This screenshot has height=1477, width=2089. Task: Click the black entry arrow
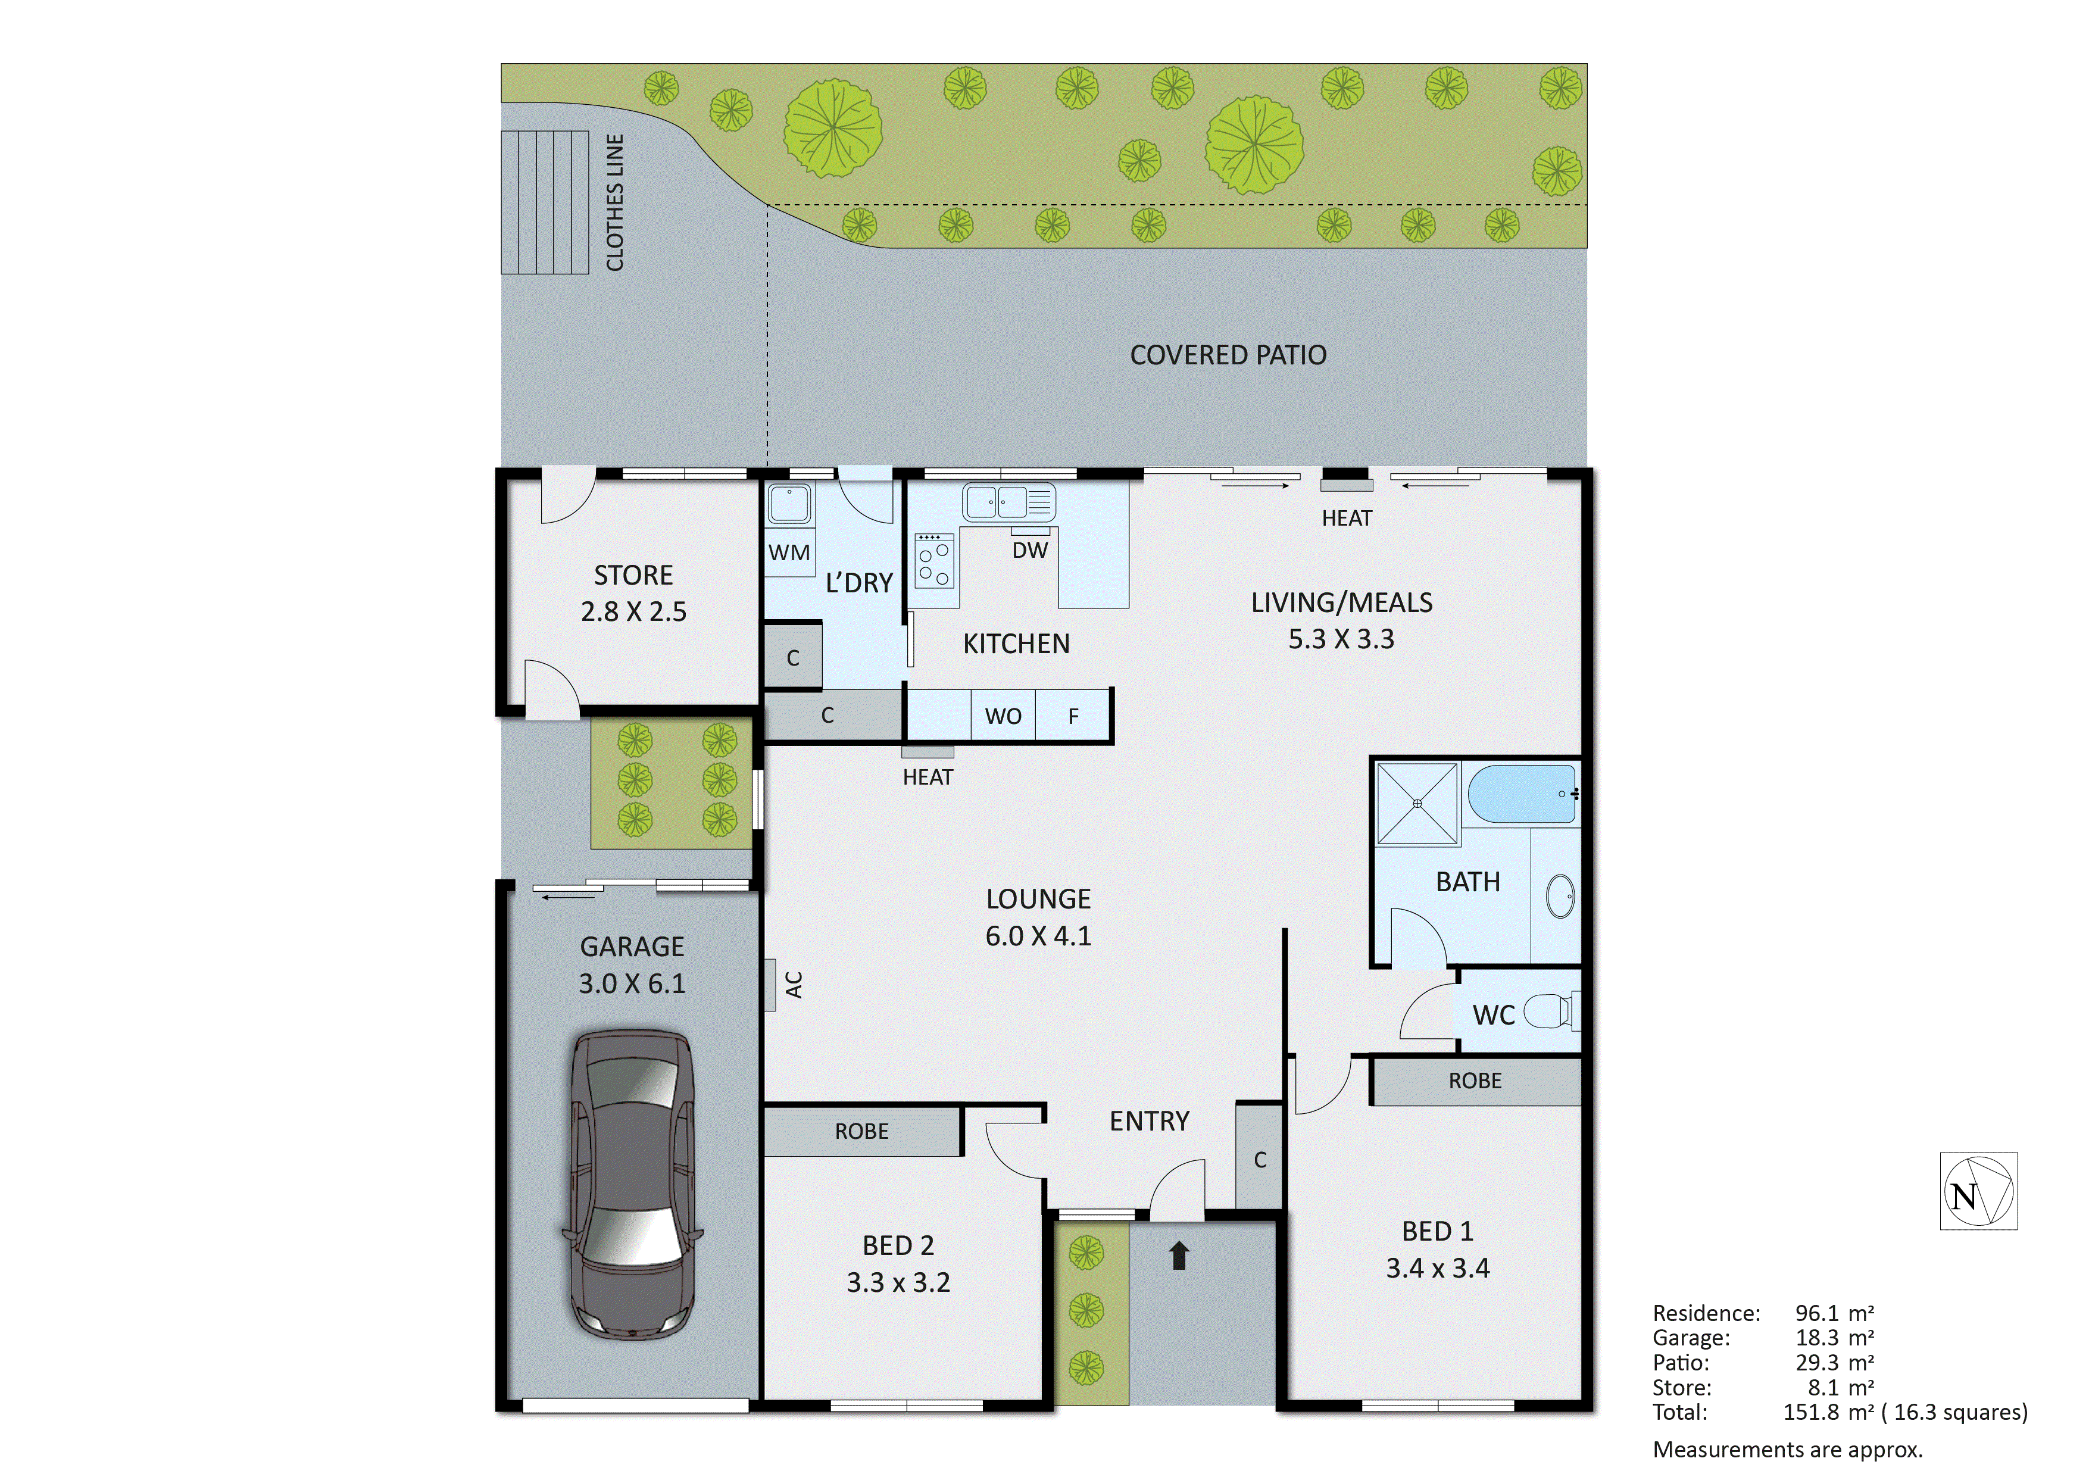coord(1179,1256)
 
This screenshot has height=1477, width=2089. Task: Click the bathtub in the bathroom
coord(1521,795)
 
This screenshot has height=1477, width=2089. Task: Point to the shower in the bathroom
coord(1417,804)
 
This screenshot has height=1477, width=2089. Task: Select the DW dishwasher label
coord(1030,549)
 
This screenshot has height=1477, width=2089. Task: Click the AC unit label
coord(794,985)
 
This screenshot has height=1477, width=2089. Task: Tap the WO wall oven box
coord(1003,716)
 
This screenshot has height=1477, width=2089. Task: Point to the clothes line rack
coord(544,202)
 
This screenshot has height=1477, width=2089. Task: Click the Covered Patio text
coord(1228,355)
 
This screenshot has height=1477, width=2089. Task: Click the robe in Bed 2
coord(861,1131)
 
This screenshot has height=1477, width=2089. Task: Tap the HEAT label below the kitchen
coord(927,777)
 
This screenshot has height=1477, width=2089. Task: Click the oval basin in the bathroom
coord(1560,897)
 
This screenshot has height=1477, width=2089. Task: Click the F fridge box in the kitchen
coord(1073,716)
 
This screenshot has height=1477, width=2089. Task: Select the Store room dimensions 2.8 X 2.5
coord(633,611)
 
